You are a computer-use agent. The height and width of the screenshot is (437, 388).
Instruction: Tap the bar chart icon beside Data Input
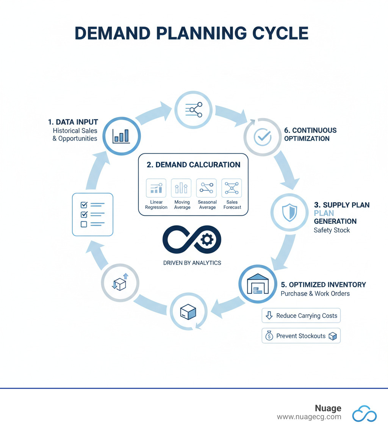pos(121,136)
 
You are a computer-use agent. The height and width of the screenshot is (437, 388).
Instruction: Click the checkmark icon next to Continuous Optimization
pos(262,137)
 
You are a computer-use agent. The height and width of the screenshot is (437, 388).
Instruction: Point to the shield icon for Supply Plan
pos(289,213)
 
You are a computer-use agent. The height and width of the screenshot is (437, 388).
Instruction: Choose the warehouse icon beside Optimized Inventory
pos(257,284)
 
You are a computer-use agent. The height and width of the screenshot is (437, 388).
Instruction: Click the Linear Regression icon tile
pos(156,188)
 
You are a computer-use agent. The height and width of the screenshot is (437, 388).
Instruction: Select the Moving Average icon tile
pos(181,188)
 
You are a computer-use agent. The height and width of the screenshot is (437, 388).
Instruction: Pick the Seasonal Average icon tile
pos(207,188)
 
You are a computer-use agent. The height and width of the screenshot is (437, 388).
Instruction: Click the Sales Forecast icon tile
pos(232,188)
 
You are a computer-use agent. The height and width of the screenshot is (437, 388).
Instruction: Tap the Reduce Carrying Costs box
pos(301,315)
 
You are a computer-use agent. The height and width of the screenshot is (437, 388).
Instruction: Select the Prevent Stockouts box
pos(301,336)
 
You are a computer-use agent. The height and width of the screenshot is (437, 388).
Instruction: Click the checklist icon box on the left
pos(92,214)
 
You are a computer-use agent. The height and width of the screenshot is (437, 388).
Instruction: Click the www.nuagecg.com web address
pos(309,417)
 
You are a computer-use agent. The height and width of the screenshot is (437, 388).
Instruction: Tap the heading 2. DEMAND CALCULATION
pos(193,165)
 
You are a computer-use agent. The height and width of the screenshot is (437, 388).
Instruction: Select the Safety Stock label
pos(332,230)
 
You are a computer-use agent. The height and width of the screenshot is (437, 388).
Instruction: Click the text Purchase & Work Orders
pos(315,293)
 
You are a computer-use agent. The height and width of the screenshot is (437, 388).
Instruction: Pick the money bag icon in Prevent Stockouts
pos(269,336)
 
